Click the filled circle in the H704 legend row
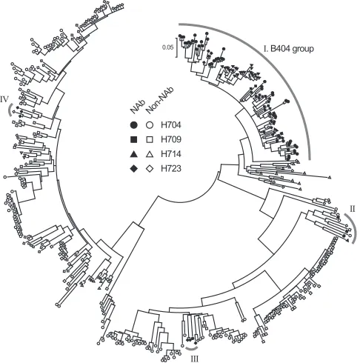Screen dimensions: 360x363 pos(133,125)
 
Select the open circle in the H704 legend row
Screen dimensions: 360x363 pos(150,125)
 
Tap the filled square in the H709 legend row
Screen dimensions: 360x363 pos(133,139)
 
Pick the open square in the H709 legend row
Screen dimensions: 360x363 pos(150,139)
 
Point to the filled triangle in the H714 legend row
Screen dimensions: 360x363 pos(133,154)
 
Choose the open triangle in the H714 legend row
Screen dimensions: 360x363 pos(150,154)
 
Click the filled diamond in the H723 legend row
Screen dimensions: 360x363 pos(133,169)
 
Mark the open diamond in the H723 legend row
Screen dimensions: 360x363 pos(150,169)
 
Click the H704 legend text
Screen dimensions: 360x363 pos(171,125)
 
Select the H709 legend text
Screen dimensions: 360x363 pos(171,139)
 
